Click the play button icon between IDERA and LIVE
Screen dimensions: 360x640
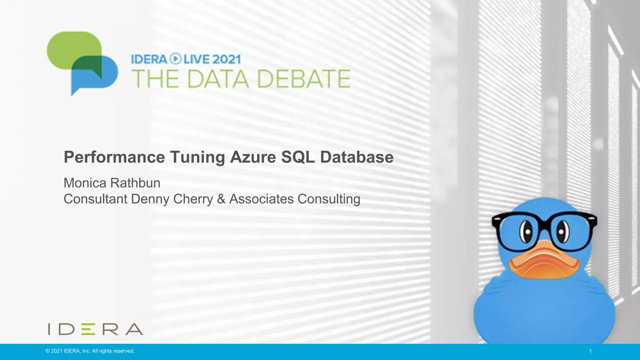point(175,59)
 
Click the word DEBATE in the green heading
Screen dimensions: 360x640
point(303,79)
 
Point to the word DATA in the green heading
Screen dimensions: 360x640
point(218,79)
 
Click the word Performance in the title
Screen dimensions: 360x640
point(114,157)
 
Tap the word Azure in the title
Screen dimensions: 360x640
point(253,157)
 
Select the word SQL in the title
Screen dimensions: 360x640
point(298,157)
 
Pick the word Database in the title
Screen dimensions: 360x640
point(357,157)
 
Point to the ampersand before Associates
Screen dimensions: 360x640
point(221,199)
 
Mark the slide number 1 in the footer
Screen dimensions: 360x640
point(590,351)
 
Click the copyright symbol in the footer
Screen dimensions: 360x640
point(47,351)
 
